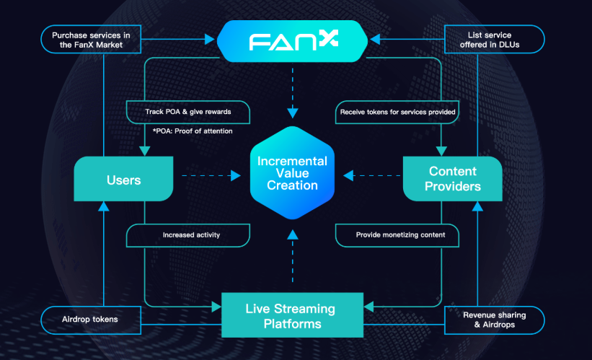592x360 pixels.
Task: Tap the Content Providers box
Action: tap(452, 178)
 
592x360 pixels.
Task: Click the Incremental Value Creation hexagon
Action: tap(293, 174)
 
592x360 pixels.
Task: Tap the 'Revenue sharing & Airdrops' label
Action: tap(495, 320)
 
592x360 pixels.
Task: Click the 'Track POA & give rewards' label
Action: tap(189, 112)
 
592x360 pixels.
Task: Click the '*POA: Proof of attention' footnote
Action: tap(193, 131)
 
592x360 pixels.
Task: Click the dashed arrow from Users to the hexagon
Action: tap(209, 175)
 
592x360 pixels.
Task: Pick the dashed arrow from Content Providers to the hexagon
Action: tap(371, 175)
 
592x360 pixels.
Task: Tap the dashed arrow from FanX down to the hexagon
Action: tap(293, 90)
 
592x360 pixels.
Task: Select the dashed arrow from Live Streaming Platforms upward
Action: tap(293, 256)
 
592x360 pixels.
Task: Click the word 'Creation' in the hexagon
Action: tap(293, 186)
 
